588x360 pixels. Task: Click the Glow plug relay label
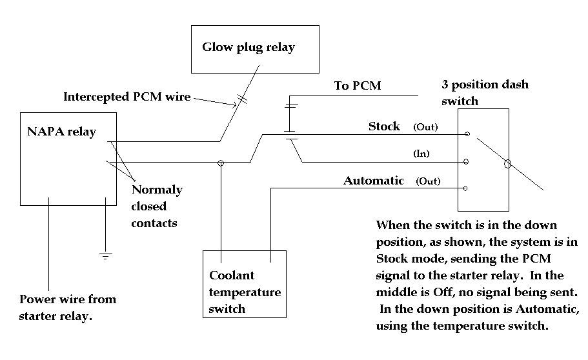coord(248,47)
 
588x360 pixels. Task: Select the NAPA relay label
coord(61,132)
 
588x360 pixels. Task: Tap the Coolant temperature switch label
coord(245,292)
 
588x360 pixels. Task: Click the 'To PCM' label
coord(358,86)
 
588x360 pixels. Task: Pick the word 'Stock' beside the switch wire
coord(384,126)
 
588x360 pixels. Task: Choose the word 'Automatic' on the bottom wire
coord(374,181)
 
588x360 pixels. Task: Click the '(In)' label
coord(421,154)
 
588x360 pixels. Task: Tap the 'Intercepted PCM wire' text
coord(127,97)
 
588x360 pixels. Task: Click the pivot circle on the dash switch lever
coord(508,164)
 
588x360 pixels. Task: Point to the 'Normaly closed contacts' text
coord(156,206)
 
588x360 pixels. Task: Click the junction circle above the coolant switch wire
coord(221,163)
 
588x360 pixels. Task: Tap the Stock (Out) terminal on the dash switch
coord(467,135)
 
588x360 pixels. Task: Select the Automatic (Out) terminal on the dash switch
coord(467,188)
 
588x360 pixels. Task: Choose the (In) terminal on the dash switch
coord(467,162)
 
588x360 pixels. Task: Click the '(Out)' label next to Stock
coord(425,127)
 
